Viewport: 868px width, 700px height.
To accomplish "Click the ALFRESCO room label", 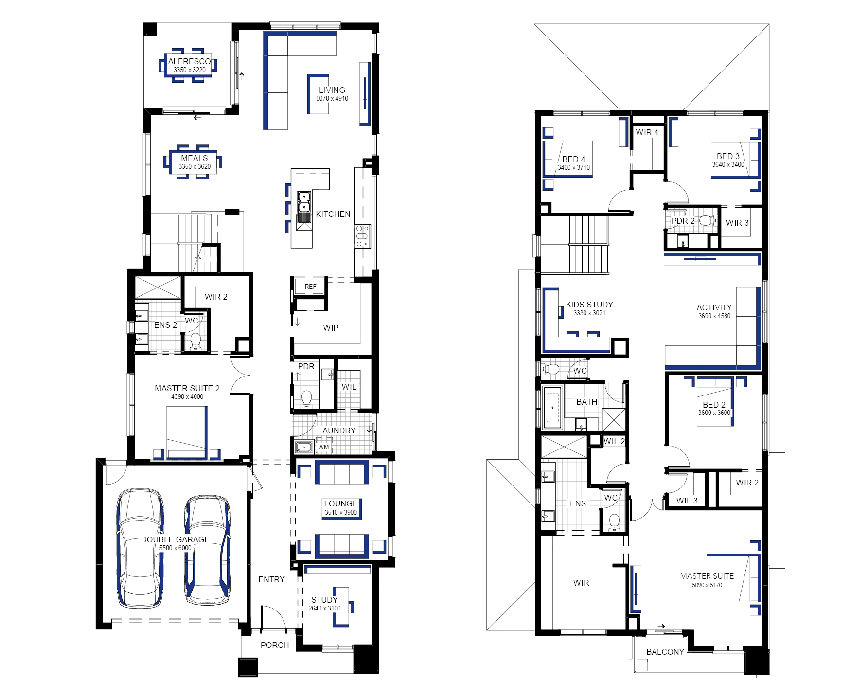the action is point(190,61).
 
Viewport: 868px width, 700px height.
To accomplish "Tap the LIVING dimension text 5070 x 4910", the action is point(332,98).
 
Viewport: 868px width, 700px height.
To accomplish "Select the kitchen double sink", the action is point(304,207).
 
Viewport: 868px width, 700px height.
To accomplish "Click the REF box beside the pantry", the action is point(310,287).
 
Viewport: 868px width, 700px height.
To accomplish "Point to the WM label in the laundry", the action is point(324,447).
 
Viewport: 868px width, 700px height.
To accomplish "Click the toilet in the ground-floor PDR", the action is point(306,398).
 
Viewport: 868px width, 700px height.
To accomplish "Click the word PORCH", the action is point(275,645).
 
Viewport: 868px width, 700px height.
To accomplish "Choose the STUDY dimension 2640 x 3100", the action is point(324,608).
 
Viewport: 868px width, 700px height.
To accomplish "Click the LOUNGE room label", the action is point(341,503).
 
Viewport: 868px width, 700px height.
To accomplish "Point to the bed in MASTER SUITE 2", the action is point(187,433).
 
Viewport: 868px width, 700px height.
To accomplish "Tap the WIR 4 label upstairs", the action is point(647,132).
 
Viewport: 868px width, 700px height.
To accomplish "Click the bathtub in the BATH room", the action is point(552,408).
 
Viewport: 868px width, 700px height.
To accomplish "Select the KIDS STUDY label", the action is point(589,305).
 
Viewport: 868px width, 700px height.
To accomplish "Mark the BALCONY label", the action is point(665,652).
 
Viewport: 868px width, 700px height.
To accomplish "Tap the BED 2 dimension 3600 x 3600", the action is point(714,413).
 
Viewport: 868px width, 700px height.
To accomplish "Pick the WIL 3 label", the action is point(687,501).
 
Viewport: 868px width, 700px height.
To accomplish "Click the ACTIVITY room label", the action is point(714,307).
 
